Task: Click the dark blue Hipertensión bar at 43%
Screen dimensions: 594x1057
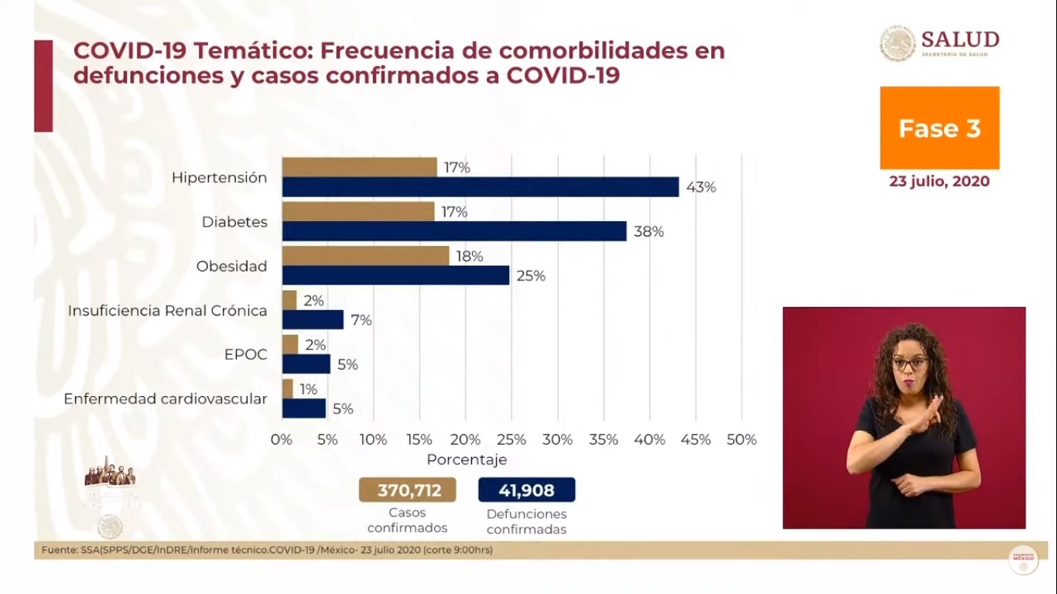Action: tap(480, 187)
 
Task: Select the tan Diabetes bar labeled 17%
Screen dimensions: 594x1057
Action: tap(357, 211)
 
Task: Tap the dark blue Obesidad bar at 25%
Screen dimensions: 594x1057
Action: tap(395, 275)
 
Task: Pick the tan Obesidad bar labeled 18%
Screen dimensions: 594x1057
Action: tap(365, 256)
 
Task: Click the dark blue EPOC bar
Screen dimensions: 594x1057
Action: tap(306, 364)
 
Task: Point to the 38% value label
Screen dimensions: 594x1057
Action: tap(648, 231)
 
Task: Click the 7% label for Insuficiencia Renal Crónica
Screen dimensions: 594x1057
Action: tap(361, 320)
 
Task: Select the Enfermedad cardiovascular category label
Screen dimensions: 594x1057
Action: tap(166, 399)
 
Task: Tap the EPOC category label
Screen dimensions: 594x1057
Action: tap(246, 355)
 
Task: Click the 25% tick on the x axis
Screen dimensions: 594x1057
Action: tap(511, 439)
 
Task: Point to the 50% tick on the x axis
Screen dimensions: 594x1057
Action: tap(741, 439)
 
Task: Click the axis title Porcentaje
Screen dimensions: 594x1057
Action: tap(467, 459)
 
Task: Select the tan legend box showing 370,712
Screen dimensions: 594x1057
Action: tap(407, 490)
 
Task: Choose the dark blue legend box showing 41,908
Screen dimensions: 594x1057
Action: tap(527, 490)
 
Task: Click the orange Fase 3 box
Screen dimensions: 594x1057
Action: tap(939, 128)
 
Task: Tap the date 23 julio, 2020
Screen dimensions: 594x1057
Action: tap(939, 182)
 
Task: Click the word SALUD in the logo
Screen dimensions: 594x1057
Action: tap(960, 39)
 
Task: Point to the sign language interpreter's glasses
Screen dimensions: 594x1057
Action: tap(909, 363)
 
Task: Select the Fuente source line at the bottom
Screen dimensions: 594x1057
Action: tap(263, 550)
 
